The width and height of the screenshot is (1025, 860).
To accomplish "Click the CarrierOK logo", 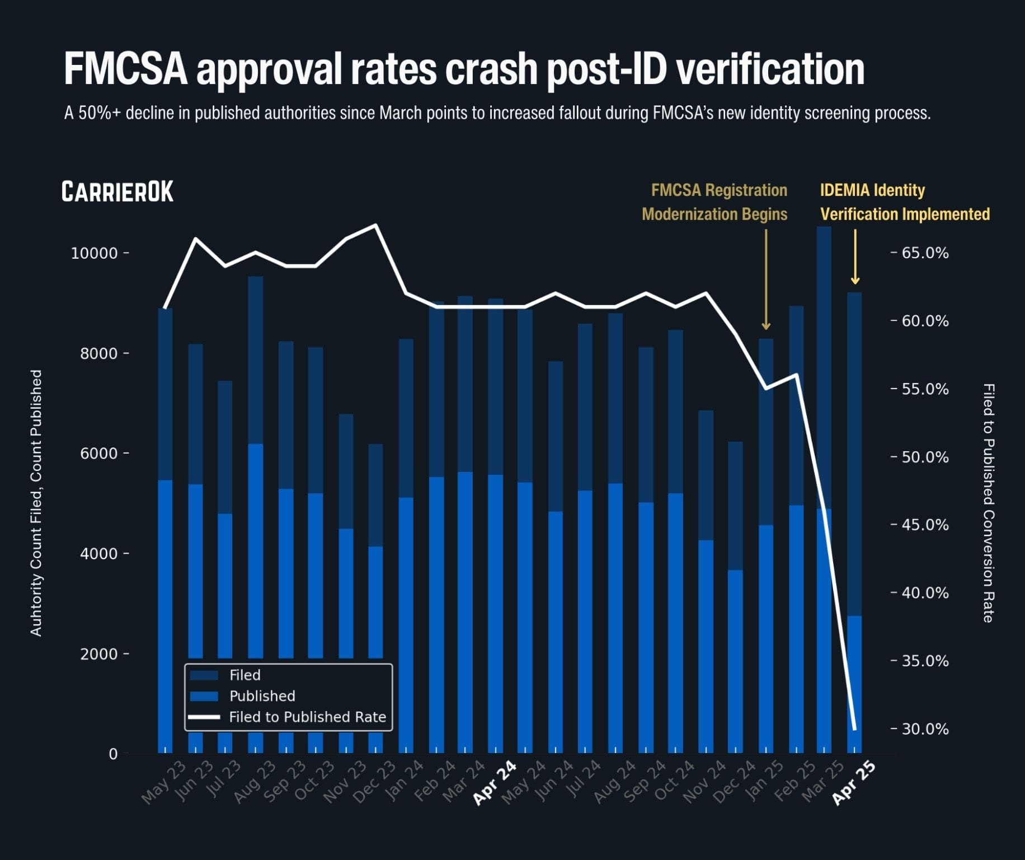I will (x=117, y=191).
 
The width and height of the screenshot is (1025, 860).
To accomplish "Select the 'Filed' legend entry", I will (x=245, y=675).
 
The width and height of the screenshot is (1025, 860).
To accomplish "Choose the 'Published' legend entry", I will (x=262, y=696).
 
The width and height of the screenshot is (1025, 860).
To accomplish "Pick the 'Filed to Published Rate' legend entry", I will (x=307, y=717).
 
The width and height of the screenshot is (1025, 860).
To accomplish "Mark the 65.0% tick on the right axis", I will (x=925, y=253).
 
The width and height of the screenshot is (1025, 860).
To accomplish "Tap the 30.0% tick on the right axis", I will (x=925, y=729).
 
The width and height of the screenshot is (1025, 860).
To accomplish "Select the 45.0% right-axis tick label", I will (x=925, y=525).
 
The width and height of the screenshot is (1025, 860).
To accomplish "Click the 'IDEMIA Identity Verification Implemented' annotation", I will (x=904, y=202).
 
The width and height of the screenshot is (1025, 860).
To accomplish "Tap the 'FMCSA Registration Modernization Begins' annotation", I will (x=714, y=202).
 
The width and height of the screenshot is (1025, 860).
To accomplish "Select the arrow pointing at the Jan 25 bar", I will (x=766, y=280).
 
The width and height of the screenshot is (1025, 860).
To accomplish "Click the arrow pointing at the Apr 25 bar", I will (x=855, y=258).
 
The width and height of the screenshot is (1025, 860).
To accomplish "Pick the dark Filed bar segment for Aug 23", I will (x=256, y=358).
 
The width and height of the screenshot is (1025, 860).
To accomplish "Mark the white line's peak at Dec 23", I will (x=376, y=225).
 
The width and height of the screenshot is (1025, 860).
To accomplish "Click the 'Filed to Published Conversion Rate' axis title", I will (x=989, y=503).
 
